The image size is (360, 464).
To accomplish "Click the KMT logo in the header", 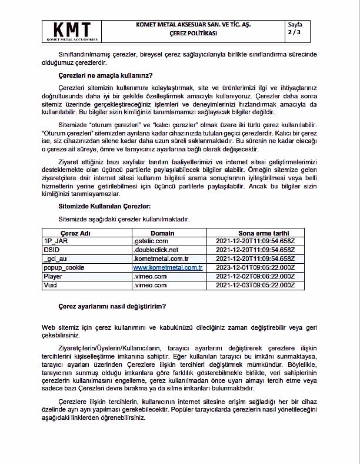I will pyautogui.click(x=72, y=31).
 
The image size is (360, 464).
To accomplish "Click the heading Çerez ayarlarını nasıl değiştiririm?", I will pyautogui.click(x=112, y=306).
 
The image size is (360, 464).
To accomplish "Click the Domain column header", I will pyautogui.click(x=162, y=233).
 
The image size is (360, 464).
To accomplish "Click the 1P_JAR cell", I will pyautogui.click(x=54, y=241).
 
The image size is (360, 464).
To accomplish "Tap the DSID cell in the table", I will pyautogui.click(x=51, y=250).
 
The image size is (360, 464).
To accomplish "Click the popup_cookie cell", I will pyautogui.click(x=64, y=267).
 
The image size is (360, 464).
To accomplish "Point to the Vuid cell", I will pyautogui.click(x=51, y=285).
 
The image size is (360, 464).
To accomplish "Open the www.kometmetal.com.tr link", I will pyautogui.click(x=168, y=267).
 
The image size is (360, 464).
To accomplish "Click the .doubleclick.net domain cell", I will pyautogui.click(x=156, y=250).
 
